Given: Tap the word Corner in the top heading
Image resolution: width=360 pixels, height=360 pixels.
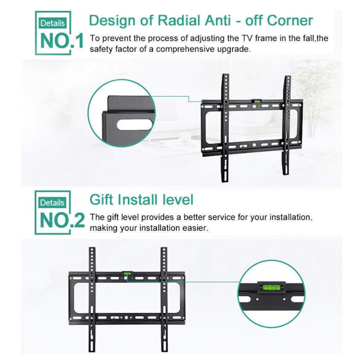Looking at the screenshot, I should [x=290, y=21].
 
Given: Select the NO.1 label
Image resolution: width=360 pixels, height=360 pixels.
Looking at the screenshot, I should [x=62, y=41].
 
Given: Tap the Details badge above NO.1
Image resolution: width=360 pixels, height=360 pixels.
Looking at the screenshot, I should [x=53, y=23].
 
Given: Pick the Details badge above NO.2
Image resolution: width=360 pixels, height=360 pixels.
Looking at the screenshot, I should [x=53, y=203].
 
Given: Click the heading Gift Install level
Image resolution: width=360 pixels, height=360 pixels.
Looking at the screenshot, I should [x=141, y=199].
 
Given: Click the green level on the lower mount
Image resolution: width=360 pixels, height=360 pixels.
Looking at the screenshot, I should [x=127, y=274].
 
